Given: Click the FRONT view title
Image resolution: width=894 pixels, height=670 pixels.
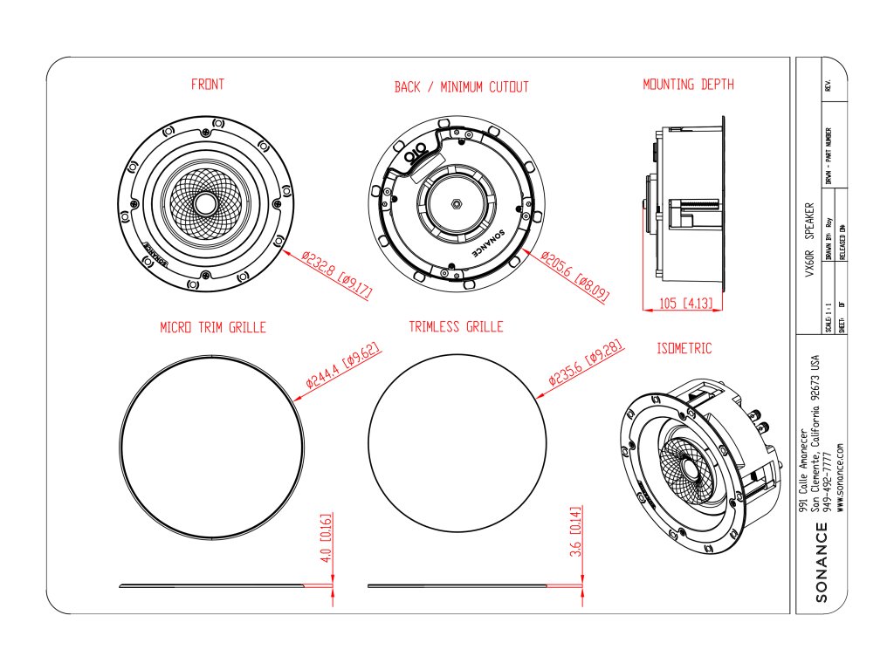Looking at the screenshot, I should pos(207,85).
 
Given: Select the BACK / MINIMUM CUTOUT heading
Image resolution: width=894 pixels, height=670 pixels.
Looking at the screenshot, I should pos(461,87).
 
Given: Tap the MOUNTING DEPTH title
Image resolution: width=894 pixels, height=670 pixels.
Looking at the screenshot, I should pos(688,85).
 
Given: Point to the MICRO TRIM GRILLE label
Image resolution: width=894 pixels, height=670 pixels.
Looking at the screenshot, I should pos(212,328).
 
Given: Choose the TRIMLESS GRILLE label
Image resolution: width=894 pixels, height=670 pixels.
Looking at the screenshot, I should pos(456,327).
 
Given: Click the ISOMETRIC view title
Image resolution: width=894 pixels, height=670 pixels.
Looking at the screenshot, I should pos(684,348).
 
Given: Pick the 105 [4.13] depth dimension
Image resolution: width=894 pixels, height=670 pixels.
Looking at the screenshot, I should pos(684,304).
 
